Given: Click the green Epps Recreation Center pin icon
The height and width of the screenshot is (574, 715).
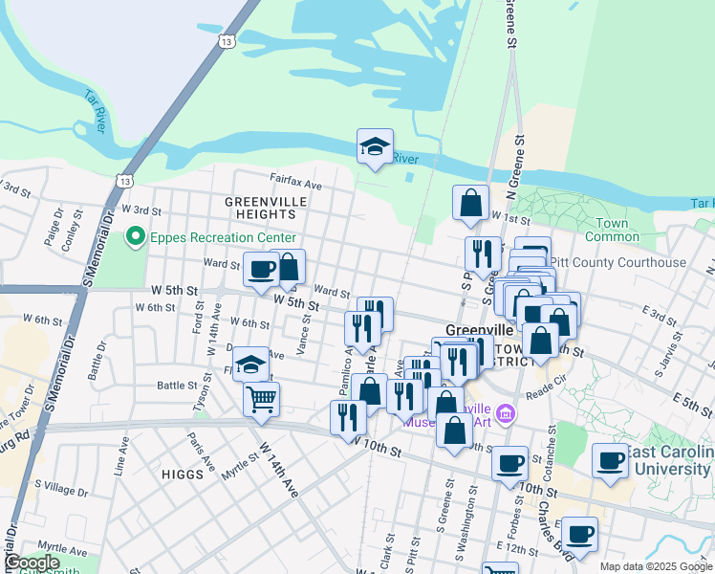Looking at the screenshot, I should (x=136, y=236).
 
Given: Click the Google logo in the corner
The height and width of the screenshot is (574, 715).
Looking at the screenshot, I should (x=32, y=563).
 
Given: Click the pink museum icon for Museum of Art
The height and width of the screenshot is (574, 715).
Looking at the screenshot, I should (x=507, y=414).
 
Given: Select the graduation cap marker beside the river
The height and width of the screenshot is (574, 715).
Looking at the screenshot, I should (x=375, y=147).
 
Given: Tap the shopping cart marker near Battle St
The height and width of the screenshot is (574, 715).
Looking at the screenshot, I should (x=261, y=398).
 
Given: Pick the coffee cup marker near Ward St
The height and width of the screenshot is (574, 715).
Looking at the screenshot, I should (x=260, y=269).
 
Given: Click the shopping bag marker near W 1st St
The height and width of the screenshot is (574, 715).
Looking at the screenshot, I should (x=470, y=203).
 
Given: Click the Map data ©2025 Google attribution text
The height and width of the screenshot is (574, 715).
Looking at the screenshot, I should (x=655, y=566).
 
